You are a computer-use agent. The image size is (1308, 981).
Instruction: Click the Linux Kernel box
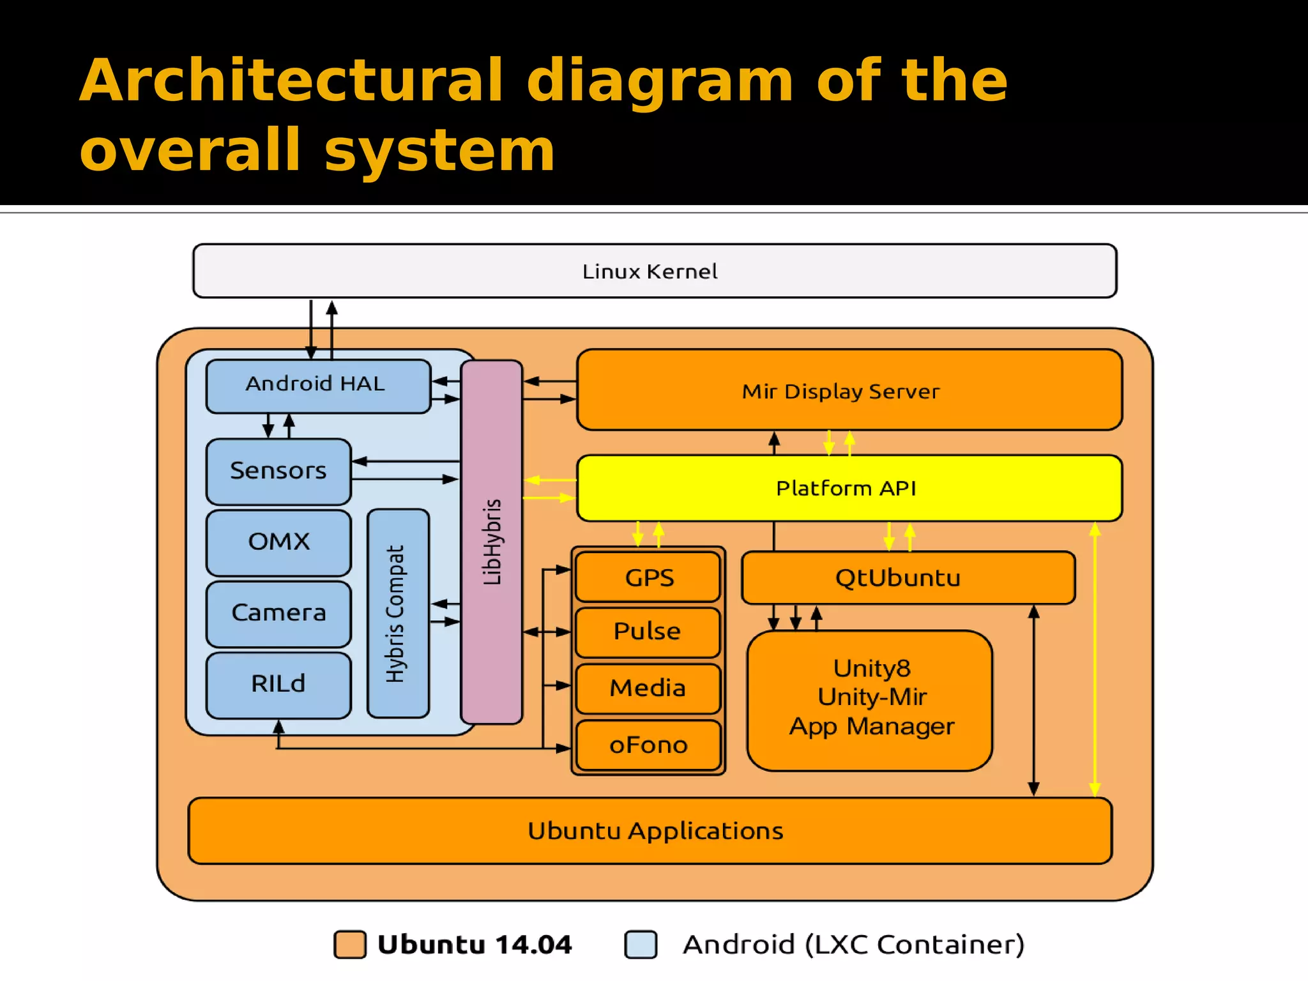pos(654,271)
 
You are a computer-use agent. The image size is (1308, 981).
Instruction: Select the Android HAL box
pos(318,386)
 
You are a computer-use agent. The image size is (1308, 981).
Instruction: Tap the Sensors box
pos(278,471)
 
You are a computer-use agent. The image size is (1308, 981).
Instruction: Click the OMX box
pos(278,542)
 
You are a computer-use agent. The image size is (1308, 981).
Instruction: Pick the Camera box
pos(278,613)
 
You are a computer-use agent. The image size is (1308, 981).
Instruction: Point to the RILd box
pos(278,684)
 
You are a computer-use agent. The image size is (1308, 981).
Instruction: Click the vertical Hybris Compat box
pos(398,613)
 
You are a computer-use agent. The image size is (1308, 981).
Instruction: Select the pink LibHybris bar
pos(491,542)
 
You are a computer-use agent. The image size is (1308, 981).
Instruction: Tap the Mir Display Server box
pos(848,390)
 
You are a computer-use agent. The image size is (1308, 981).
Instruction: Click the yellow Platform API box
pos(848,488)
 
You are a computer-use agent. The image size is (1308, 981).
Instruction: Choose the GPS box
pos(648,577)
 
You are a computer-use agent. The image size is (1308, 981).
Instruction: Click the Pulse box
pos(648,632)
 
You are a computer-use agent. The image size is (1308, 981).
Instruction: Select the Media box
pos(648,688)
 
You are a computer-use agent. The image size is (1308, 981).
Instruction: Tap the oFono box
pos(648,745)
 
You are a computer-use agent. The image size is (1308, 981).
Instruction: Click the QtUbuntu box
pos(907,577)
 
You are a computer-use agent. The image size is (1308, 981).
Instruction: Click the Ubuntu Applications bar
pos(650,830)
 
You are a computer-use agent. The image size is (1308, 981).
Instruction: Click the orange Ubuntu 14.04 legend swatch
pos(350,944)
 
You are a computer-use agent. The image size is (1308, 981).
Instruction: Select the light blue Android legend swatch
pos(641,944)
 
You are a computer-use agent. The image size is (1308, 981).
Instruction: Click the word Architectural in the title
pos(291,80)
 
